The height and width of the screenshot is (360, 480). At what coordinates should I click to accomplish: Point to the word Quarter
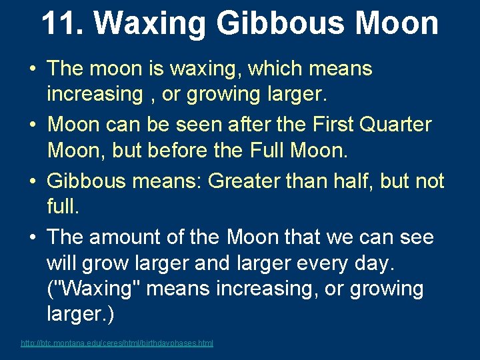[396, 125]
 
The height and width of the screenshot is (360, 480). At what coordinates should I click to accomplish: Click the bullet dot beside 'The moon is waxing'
[32, 69]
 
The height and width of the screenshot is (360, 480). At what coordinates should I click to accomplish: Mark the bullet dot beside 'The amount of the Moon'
[32, 238]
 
